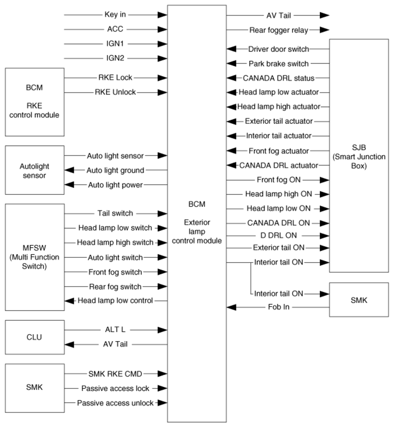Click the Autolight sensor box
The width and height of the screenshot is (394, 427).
click(x=34, y=170)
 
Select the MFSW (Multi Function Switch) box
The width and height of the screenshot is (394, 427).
click(x=34, y=257)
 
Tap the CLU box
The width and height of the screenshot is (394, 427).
click(x=34, y=337)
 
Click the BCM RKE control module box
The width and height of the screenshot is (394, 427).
click(x=34, y=101)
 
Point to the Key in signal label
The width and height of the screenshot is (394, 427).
click(x=115, y=14)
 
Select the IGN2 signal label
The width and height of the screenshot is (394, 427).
click(x=115, y=58)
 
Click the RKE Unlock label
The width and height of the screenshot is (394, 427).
click(x=115, y=92)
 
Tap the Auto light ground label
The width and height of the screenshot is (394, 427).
click(x=115, y=170)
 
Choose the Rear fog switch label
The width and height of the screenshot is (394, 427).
click(x=115, y=287)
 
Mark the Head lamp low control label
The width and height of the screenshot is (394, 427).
click(x=115, y=301)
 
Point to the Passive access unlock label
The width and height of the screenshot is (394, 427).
click(x=115, y=403)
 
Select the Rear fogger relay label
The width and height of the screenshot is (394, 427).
click(x=278, y=30)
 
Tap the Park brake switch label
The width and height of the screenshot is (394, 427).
click(x=278, y=64)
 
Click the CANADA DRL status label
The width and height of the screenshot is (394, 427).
click(x=278, y=78)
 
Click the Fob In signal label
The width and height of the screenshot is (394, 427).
click(x=278, y=307)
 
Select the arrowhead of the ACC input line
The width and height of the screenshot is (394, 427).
click(x=161, y=29)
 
